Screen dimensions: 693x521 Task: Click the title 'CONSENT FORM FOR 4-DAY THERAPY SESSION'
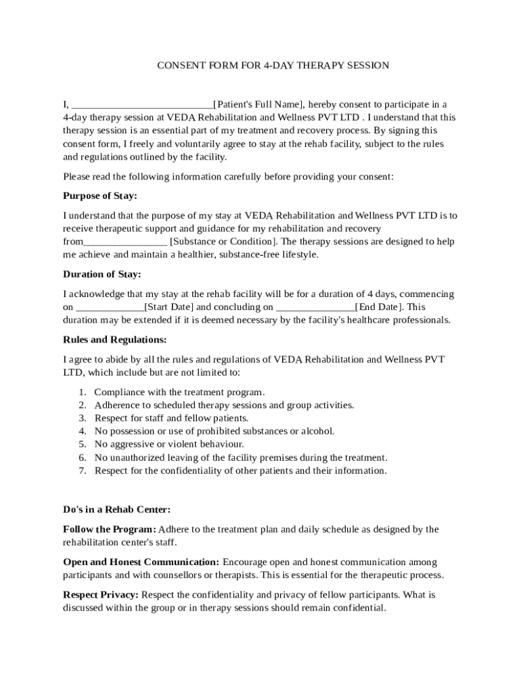(x=273, y=66)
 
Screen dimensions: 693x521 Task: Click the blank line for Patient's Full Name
(x=142, y=106)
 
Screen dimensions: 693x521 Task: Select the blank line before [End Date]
(x=315, y=307)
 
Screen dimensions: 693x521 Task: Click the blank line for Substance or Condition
(x=125, y=242)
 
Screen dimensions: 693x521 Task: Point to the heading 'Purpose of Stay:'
(x=99, y=196)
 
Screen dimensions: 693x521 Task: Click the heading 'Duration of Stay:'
(x=102, y=275)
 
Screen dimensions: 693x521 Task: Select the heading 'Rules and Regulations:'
(x=114, y=340)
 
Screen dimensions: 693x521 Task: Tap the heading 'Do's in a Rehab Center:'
(x=116, y=510)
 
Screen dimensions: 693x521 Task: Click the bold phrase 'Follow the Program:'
(x=109, y=529)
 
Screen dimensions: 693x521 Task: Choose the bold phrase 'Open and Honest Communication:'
(x=141, y=562)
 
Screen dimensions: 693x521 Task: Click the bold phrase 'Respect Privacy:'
(x=101, y=595)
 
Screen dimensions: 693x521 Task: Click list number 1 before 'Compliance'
(x=82, y=393)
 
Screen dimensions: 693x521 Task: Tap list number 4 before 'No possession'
(x=82, y=431)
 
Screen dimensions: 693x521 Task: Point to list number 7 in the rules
(x=82, y=470)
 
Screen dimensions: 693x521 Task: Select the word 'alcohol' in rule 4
(x=317, y=431)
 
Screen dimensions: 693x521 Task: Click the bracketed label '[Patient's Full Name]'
(x=258, y=105)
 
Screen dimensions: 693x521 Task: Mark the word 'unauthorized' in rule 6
(x=138, y=457)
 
